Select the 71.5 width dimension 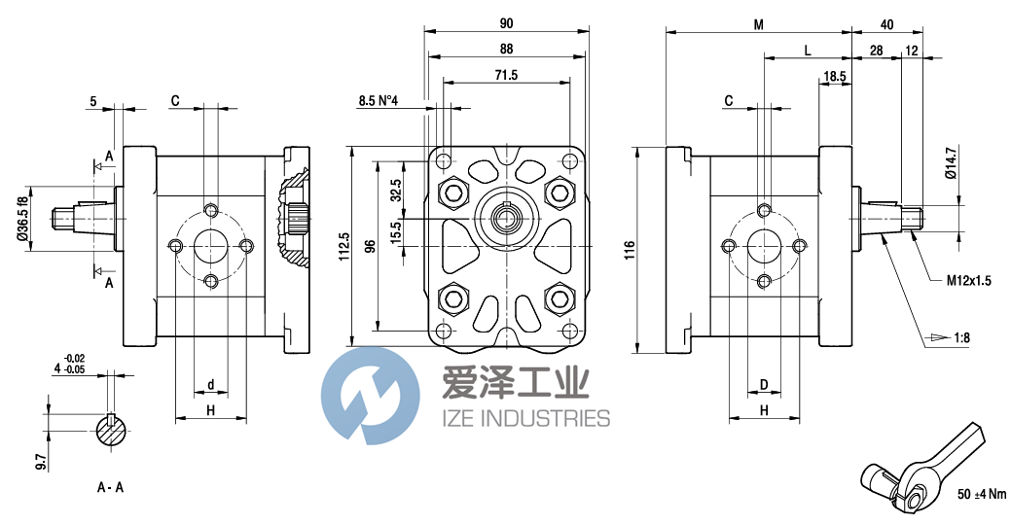506,74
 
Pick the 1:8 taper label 962,337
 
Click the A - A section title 110,487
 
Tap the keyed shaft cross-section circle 116,430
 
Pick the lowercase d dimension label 211,386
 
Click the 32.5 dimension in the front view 396,190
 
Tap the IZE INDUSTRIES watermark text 526,418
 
